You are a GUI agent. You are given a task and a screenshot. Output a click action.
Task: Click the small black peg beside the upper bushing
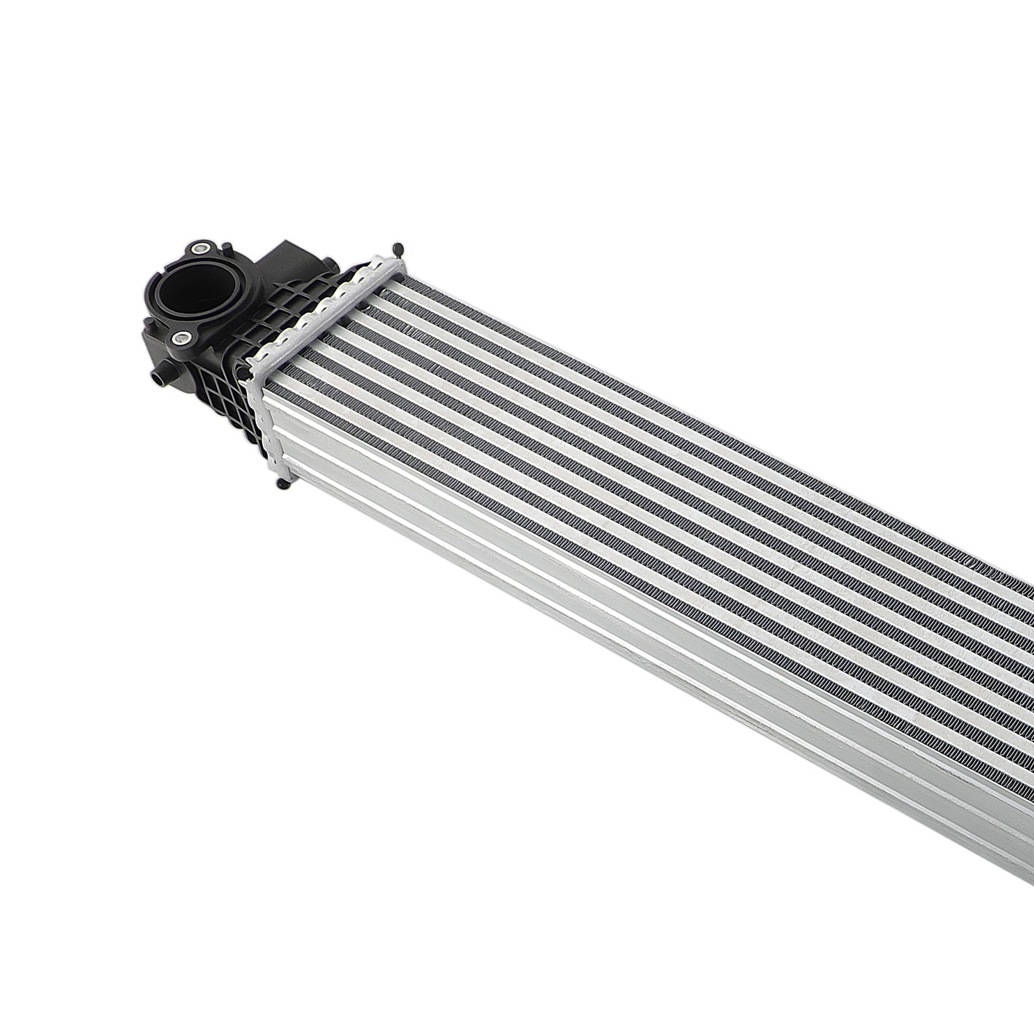click(x=227, y=248)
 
